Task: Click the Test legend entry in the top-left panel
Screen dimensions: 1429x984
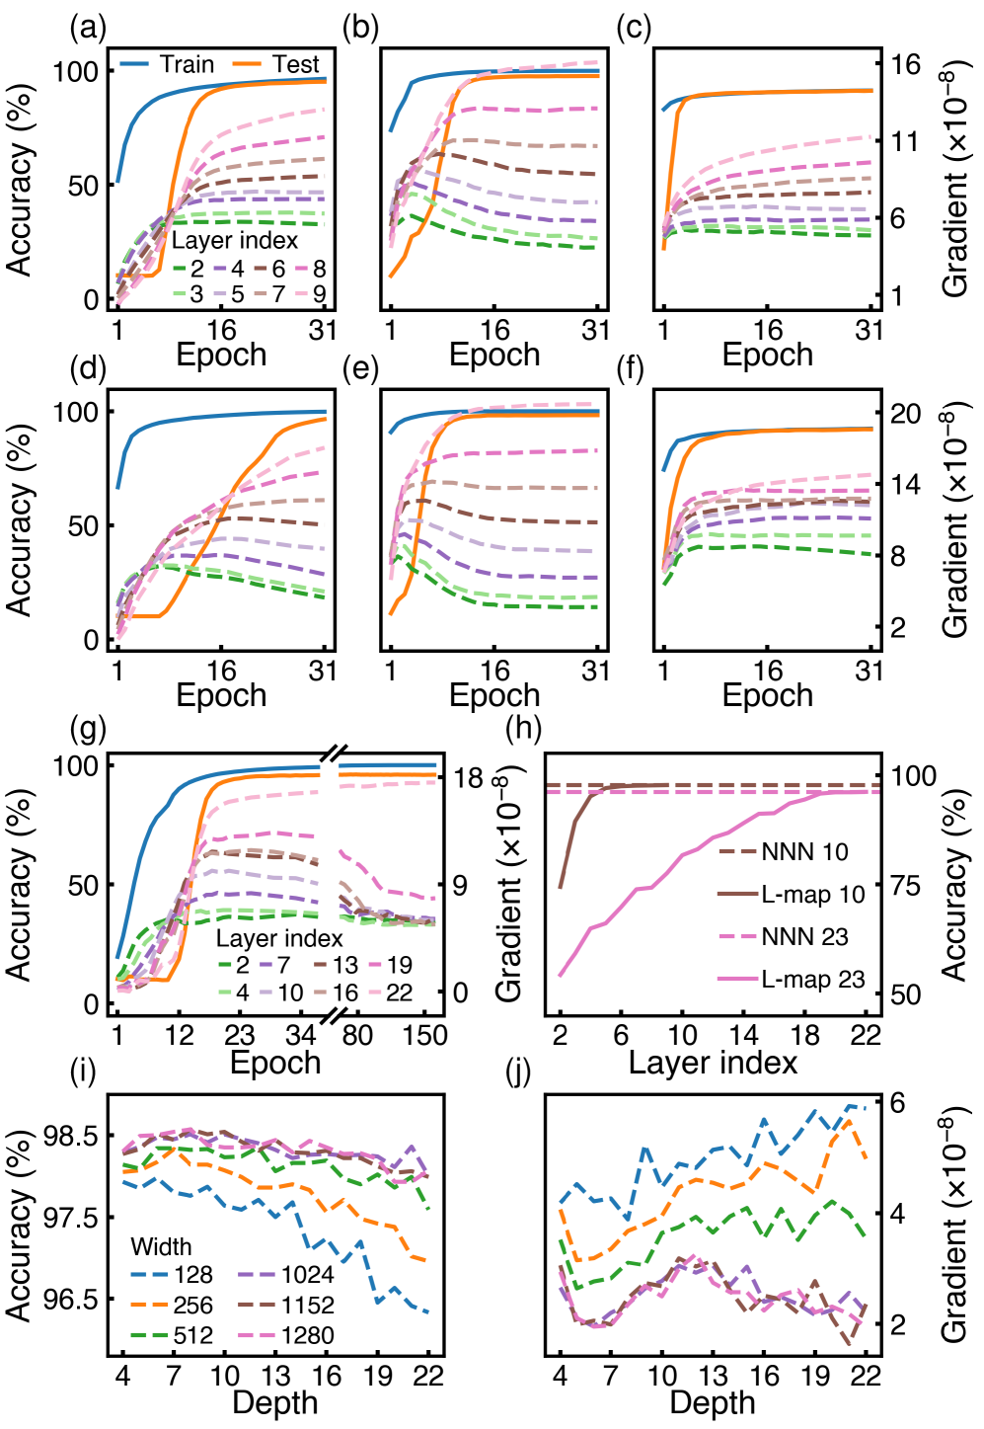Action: [276, 65]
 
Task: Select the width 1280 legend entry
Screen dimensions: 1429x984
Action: [287, 1335]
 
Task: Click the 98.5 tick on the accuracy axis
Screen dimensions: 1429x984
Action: [72, 1136]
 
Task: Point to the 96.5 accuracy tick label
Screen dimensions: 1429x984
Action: [72, 1299]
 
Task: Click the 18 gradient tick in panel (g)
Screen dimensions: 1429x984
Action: [468, 778]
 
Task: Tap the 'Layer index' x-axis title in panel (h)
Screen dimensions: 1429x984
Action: [713, 1063]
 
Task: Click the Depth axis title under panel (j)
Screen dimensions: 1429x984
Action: [713, 1403]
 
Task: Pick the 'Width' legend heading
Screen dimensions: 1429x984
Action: [161, 1246]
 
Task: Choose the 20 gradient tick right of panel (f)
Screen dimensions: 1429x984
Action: [904, 413]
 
